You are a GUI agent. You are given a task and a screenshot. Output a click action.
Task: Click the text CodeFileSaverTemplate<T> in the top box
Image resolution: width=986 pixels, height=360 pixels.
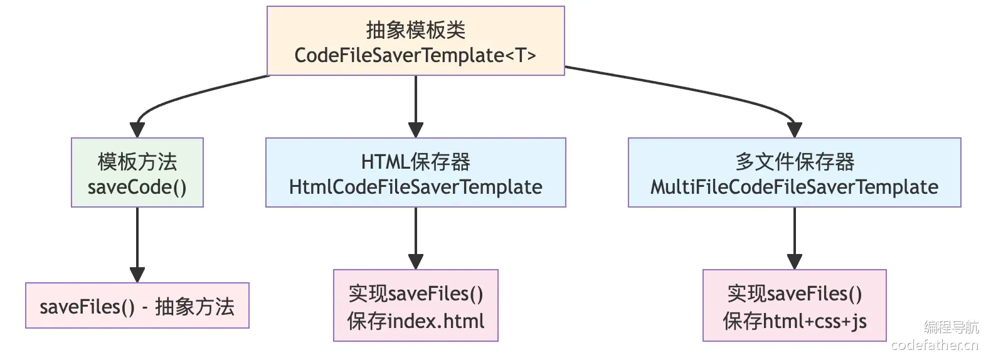[x=415, y=55]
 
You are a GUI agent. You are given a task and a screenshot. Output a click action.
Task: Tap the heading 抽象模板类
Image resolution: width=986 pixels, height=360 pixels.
[x=415, y=30]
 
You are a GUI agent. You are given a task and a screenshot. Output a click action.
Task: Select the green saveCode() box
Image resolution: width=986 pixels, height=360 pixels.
[x=137, y=172]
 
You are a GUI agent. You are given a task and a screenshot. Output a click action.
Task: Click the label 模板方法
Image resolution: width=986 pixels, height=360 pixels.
[x=137, y=162]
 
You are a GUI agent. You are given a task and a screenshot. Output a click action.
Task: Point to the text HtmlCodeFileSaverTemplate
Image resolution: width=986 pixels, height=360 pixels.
[x=415, y=187]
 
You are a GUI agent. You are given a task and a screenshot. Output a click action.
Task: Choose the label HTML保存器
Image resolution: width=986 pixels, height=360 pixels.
[x=415, y=162]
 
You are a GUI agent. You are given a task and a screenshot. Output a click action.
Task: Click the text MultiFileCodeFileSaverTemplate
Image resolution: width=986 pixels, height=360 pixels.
[x=794, y=187]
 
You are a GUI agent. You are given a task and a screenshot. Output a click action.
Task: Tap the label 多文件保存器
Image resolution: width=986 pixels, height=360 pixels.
[x=795, y=162]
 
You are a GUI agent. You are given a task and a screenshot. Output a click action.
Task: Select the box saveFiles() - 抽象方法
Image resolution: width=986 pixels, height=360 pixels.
[x=137, y=305]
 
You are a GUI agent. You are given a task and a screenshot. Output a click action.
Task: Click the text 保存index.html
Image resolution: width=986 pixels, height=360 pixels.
[x=415, y=321]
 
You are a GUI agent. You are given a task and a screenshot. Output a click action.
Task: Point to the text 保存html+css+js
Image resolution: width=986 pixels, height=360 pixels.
[x=795, y=322]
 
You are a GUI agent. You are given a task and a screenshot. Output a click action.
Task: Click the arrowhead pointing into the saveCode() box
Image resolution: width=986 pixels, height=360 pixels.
[x=137, y=130]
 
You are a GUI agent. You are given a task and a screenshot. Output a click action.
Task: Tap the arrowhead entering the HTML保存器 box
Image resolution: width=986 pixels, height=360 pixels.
[x=415, y=130]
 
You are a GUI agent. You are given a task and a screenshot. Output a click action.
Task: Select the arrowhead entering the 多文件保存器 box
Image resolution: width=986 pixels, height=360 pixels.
[x=795, y=130]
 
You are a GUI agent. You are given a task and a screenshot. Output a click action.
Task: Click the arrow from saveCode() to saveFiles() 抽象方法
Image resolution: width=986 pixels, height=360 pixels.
[x=137, y=245]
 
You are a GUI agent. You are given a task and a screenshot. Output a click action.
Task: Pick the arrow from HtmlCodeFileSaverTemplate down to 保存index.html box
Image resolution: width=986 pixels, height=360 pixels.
[x=415, y=238]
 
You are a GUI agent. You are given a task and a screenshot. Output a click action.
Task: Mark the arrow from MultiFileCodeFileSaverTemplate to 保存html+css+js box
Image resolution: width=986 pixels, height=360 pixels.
[x=795, y=238]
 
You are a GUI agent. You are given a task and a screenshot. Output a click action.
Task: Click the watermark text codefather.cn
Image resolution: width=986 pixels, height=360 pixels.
[x=935, y=345]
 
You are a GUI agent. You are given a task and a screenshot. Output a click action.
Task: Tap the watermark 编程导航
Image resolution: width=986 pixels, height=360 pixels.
[x=952, y=327]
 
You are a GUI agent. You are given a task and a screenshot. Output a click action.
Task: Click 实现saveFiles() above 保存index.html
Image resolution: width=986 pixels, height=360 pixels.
[x=415, y=294]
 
